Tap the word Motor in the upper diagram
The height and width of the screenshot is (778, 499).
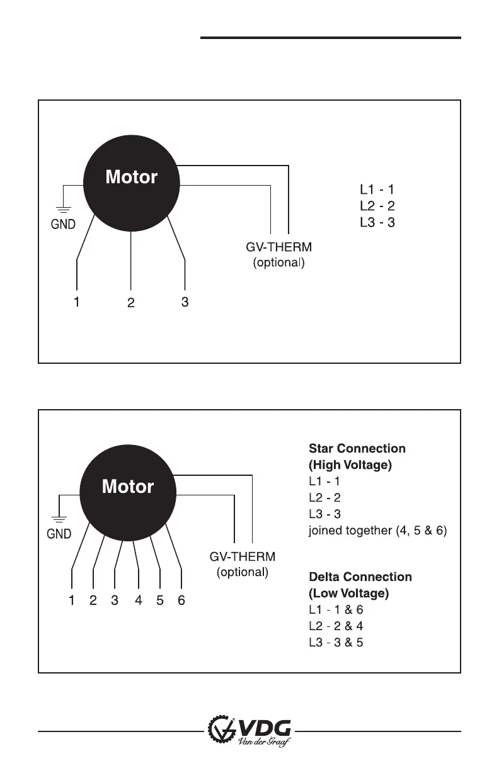[x=131, y=178]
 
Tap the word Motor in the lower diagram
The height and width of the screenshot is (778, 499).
[x=128, y=487]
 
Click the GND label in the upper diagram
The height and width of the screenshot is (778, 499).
[x=63, y=224]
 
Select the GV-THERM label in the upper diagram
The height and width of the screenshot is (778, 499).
[x=278, y=247]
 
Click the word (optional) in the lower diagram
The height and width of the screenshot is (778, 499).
[x=243, y=573]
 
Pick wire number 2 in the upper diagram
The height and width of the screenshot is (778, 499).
[x=130, y=303]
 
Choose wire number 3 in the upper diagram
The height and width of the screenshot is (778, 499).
[x=185, y=302]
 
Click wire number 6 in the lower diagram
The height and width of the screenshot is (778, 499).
[x=181, y=600]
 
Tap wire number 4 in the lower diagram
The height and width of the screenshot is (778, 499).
[x=139, y=600]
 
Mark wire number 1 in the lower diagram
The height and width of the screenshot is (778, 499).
[x=72, y=600]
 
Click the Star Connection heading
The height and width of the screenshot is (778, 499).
[x=357, y=449]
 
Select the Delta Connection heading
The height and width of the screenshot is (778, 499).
[x=360, y=577]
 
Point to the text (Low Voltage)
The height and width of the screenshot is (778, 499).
[x=348, y=594]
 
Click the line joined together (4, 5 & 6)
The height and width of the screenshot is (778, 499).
[x=377, y=531]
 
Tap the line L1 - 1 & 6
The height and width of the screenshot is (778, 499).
[x=336, y=610]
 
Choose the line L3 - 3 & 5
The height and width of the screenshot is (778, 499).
[x=336, y=643]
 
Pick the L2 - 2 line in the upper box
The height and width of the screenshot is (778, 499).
[x=377, y=206]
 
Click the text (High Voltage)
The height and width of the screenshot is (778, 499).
[x=350, y=465]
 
